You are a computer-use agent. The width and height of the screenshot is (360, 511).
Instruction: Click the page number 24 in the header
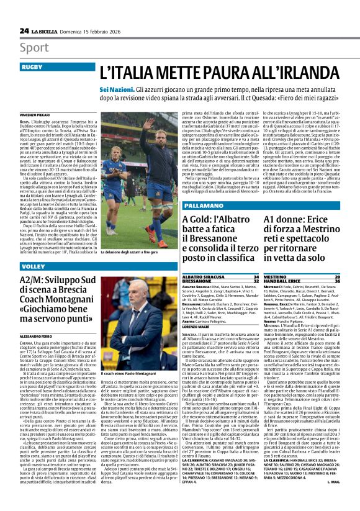pyautogui.click(x=24, y=30)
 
